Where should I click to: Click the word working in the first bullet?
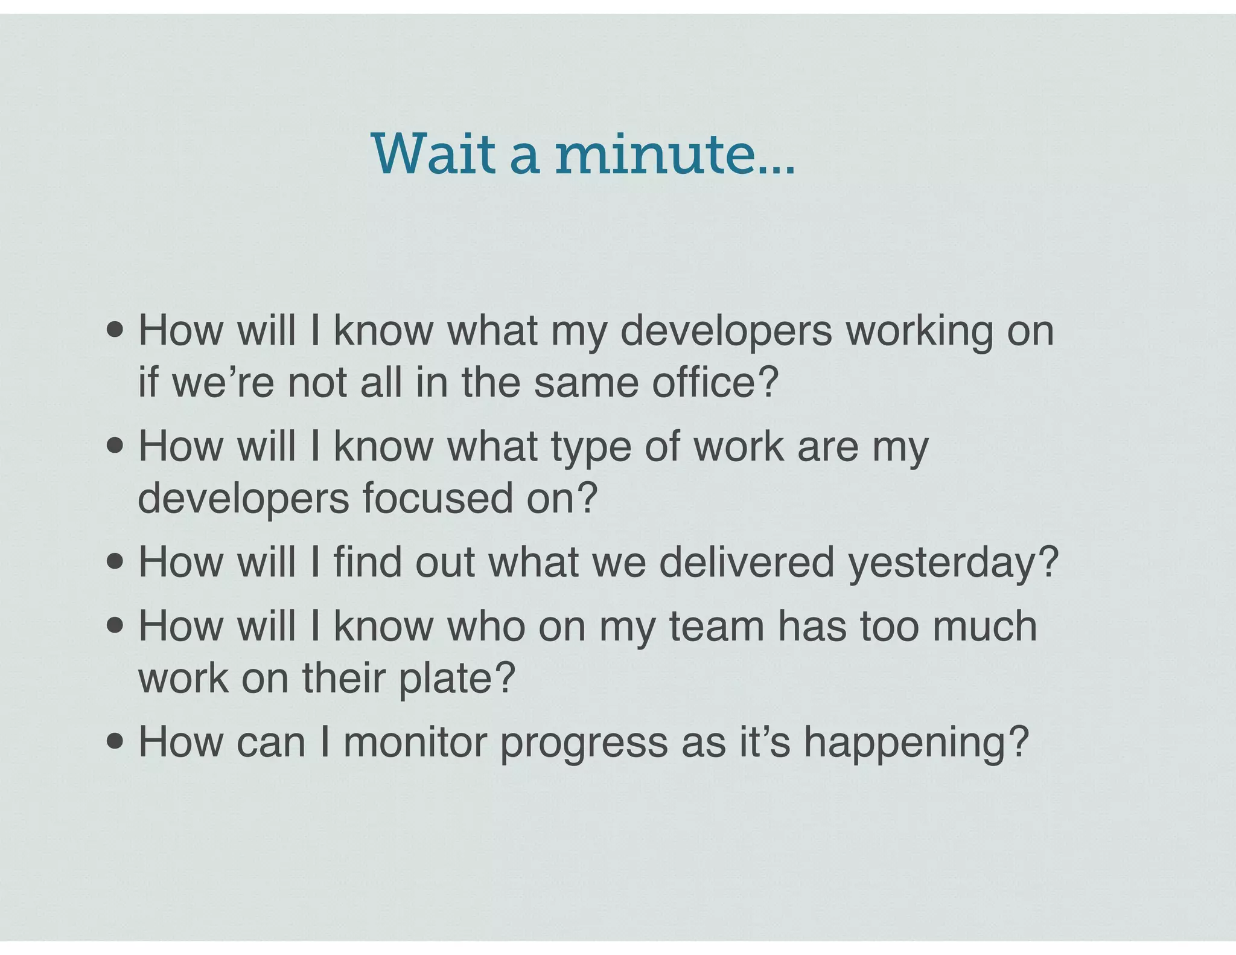(x=919, y=331)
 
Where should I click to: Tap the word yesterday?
(x=953, y=563)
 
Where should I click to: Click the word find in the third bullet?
(x=368, y=563)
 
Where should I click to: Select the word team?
(x=716, y=626)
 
